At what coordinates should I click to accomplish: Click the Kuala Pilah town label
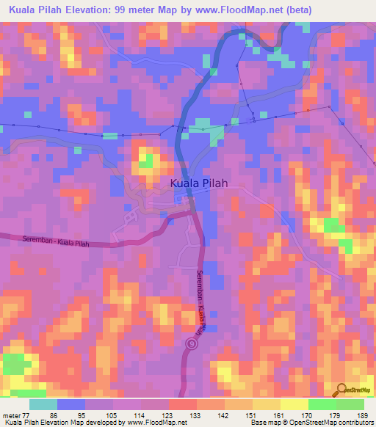(x=198, y=184)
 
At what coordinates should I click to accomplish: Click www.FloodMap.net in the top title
(x=232, y=10)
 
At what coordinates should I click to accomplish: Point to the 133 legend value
(x=197, y=415)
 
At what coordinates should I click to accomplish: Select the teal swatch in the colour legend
(x=43, y=404)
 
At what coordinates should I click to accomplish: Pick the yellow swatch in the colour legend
(x=294, y=404)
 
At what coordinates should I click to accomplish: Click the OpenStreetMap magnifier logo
(x=342, y=392)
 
